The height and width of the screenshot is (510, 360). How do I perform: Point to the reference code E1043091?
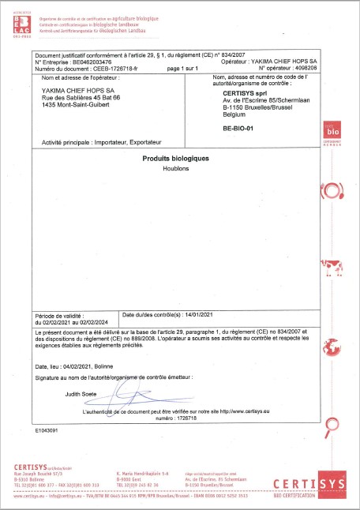pos(47,430)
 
